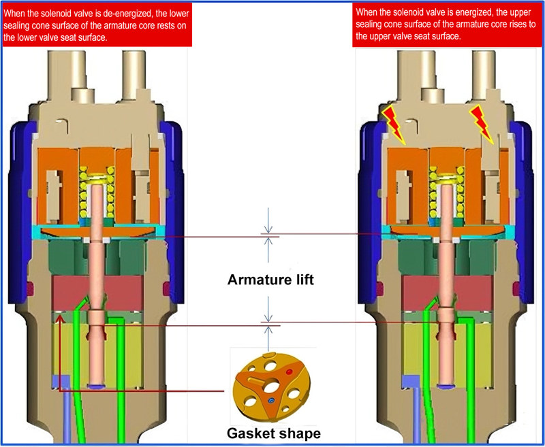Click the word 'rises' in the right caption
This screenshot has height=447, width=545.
point(509,24)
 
